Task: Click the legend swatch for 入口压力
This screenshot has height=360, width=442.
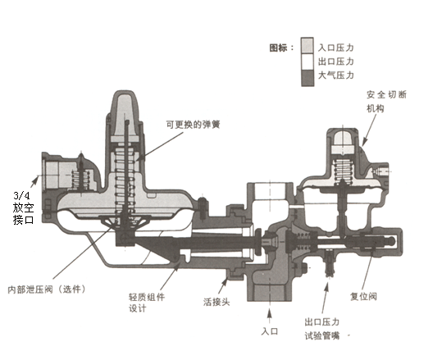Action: [x=307, y=45]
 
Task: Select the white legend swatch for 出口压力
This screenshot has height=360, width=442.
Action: [x=307, y=62]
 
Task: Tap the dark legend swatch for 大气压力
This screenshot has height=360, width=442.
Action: [x=307, y=78]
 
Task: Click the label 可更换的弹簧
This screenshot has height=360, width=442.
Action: [x=193, y=125]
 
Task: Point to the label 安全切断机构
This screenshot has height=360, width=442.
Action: [x=386, y=101]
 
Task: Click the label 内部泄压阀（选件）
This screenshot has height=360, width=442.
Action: [x=47, y=289]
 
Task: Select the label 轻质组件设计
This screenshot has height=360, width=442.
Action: [x=147, y=303]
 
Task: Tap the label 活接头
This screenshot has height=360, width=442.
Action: [x=216, y=302]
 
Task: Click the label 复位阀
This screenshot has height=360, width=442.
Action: [x=363, y=296]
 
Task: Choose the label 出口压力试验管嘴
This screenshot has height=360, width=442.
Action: [x=322, y=329]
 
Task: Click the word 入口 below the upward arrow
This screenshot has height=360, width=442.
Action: [x=270, y=331]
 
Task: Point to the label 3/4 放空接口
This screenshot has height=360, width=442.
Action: [x=24, y=207]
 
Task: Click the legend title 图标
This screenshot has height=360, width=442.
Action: [x=278, y=48]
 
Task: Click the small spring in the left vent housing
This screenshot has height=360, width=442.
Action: [x=81, y=180]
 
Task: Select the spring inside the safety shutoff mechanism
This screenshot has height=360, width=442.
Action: [x=343, y=169]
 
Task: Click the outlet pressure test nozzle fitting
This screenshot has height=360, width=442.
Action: [x=329, y=262]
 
